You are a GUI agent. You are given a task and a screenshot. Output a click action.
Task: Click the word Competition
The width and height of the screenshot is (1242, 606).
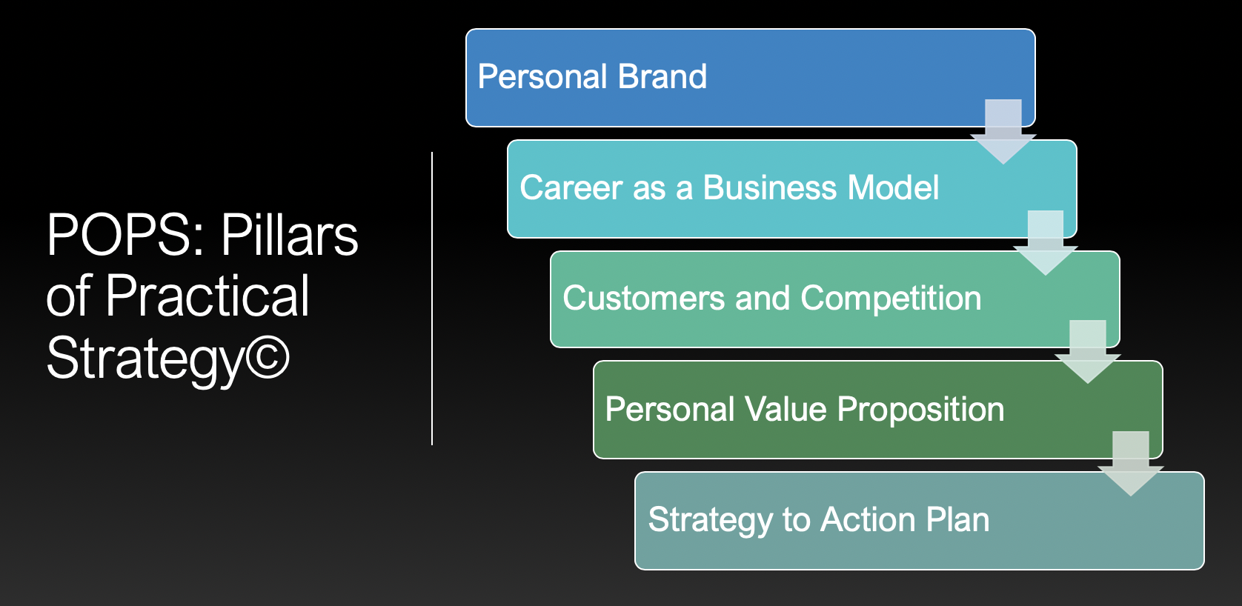coord(891,299)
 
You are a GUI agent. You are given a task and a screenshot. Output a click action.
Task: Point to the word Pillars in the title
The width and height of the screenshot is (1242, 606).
coord(290,236)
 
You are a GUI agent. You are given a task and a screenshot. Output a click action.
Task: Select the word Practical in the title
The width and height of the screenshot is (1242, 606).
coord(207,296)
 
